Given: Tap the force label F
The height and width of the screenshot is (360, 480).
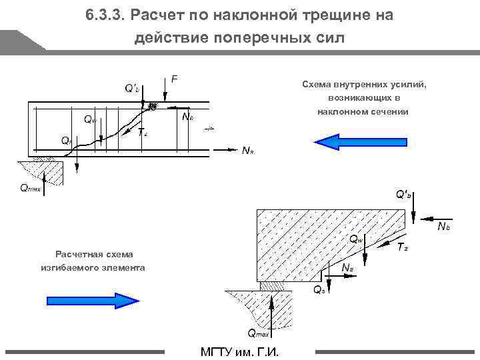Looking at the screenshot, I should pyautogui.click(x=175, y=79).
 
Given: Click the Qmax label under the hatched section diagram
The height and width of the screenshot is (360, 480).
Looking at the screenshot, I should pyautogui.click(x=259, y=333).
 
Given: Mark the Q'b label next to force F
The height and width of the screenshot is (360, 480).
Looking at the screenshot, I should pyautogui.click(x=132, y=87).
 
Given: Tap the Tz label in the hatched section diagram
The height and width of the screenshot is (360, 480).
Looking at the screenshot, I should pyautogui.click(x=402, y=248).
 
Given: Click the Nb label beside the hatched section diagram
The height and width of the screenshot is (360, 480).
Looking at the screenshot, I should pyautogui.click(x=443, y=228).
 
